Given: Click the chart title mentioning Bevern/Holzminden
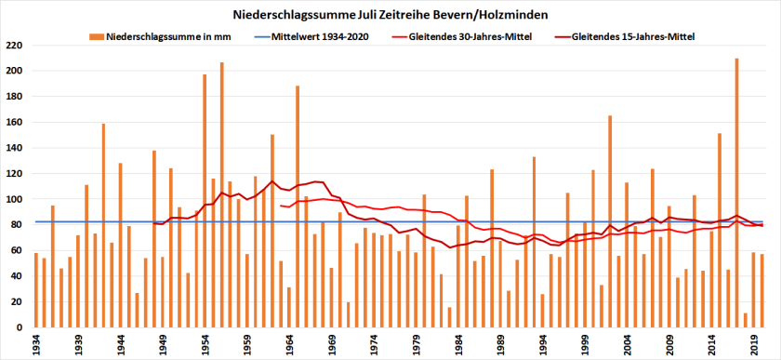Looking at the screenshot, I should tap(390, 15).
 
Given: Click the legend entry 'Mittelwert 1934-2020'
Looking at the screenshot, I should tap(317, 37).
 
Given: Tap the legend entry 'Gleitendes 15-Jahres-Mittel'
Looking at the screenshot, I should tap(631, 37).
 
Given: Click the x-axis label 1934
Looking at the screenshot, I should tap(36, 343).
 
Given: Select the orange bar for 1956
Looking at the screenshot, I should tap(221, 195).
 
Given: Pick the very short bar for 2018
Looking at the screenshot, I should tap(745, 321).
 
